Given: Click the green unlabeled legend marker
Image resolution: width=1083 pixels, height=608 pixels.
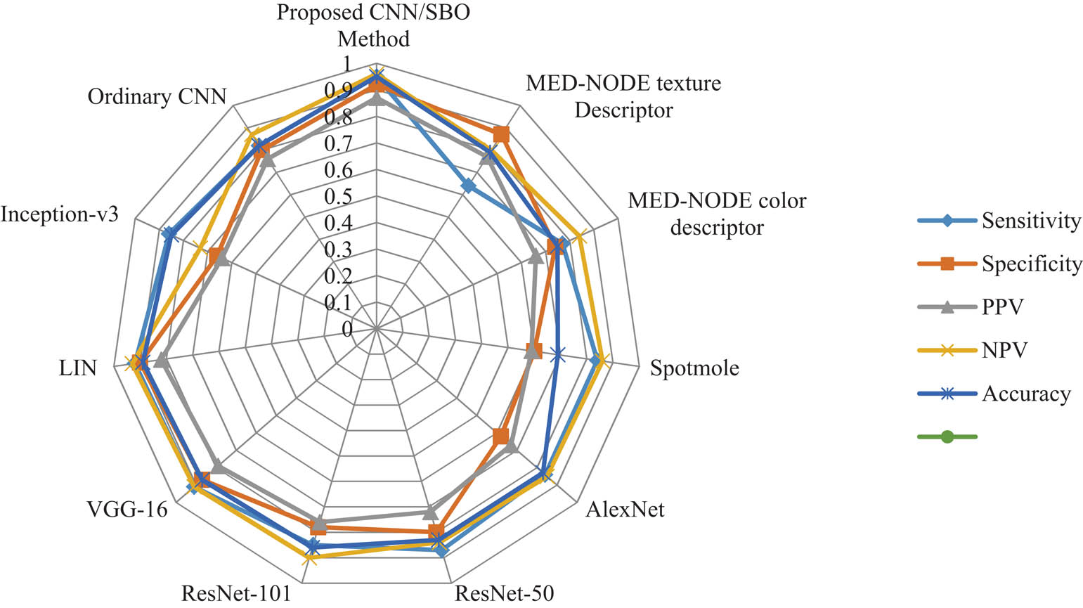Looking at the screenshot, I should pos(947,437).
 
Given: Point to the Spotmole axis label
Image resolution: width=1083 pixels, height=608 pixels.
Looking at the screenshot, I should pos(694,368).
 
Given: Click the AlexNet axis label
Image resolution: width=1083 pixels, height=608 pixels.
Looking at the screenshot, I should pos(625,508).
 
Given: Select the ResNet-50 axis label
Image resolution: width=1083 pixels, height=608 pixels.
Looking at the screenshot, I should pos(504,593).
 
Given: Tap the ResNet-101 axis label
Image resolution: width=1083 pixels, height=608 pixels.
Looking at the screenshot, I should pos(235,593).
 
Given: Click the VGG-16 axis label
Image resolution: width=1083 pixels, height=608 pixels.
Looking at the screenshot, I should pos(127,508).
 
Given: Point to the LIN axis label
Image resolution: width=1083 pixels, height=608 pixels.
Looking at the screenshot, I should pos(78,368).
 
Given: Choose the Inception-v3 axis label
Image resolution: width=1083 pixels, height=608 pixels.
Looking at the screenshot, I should pos(59,214).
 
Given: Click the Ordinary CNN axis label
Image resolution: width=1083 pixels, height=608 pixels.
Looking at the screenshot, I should pos(157,96).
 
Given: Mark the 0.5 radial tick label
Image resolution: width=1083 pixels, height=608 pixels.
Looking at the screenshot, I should pos(337,197).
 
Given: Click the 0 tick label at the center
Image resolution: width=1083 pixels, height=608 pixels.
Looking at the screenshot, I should pos(346,329).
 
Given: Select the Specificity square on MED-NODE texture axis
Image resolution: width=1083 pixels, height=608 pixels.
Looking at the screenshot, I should pos(501,134).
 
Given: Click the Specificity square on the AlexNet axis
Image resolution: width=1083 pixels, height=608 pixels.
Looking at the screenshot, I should pos(500,436).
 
